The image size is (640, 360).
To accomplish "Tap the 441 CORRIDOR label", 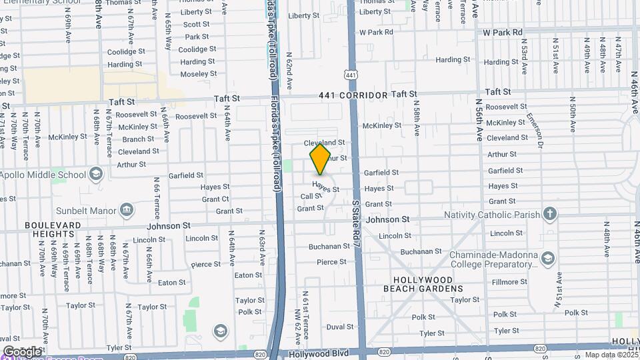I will (x=353, y=95).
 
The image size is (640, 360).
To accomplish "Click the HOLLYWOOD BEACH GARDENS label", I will (x=423, y=285).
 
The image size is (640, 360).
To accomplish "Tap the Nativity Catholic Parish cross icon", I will (x=549, y=214).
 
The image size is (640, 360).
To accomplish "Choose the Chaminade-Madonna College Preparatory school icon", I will (x=548, y=258).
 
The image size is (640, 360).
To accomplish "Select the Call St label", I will (x=311, y=197).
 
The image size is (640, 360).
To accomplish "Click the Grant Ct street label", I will (x=215, y=199).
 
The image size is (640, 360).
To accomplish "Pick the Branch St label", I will (x=138, y=139).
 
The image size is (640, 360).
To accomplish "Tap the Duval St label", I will (x=339, y=327).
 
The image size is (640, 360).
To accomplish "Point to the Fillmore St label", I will (x=509, y=282).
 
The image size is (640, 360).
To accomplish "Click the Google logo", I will (x=22, y=351).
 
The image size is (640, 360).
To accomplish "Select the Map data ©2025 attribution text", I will (x=611, y=355).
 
